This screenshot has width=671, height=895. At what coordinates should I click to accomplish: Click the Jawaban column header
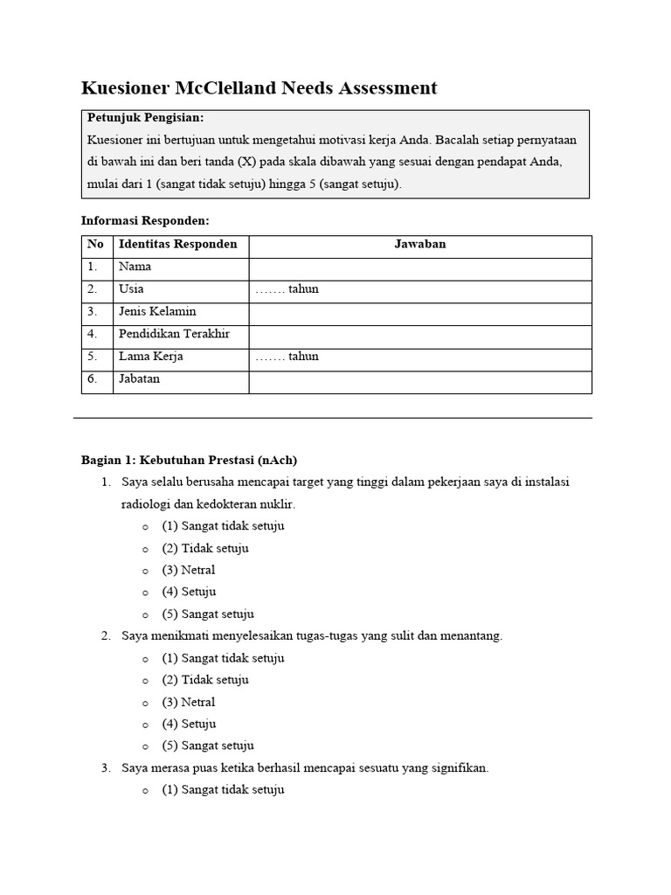pyautogui.click(x=419, y=245)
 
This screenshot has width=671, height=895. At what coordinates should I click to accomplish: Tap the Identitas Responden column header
pyautogui.click(x=177, y=245)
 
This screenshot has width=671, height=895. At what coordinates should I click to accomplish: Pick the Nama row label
pyautogui.click(x=135, y=267)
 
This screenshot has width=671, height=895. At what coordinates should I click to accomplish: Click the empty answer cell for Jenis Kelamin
pyautogui.click(x=419, y=312)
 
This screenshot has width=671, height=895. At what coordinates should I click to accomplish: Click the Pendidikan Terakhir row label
pyautogui.click(x=174, y=335)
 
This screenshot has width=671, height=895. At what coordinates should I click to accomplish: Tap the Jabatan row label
pyautogui.click(x=139, y=380)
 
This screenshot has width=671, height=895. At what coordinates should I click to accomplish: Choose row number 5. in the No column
pyautogui.click(x=93, y=357)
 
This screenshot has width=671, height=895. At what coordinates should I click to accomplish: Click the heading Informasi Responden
pyautogui.click(x=145, y=221)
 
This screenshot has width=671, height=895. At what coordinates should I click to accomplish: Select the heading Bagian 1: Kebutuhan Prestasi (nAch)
pyautogui.click(x=190, y=461)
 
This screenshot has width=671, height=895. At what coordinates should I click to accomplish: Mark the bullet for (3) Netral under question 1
pyautogui.click(x=145, y=572)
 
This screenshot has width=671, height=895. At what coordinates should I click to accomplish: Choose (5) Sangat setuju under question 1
pyautogui.click(x=207, y=614)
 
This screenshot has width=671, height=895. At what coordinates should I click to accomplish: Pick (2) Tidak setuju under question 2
pyautogui.click(x=204, y=680)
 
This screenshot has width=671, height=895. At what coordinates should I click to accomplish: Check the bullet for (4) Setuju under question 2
pyautogui.click(x=145, y=725)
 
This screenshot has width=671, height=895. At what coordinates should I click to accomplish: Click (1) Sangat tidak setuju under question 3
pyautogui.click(x=222, y=790)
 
